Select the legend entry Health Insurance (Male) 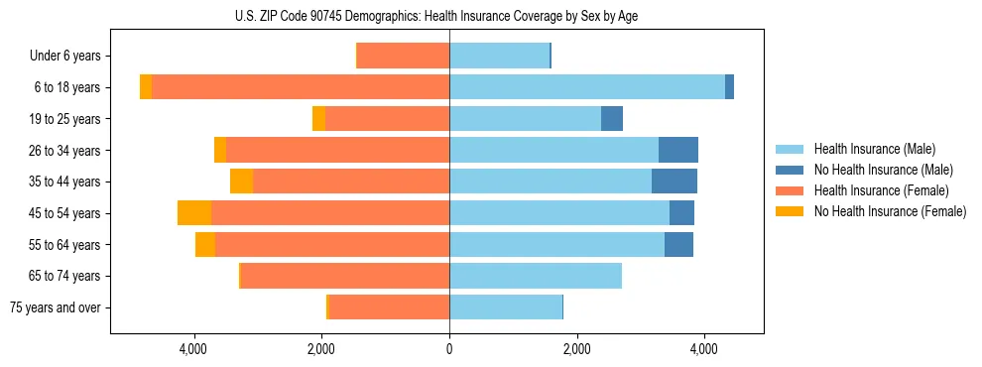[874, 149]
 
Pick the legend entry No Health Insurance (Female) [890, 211]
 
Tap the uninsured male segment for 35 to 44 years [675, 182]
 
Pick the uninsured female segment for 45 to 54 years [194, 213]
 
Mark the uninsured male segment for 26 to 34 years [678, 150]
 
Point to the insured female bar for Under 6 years [404, 57]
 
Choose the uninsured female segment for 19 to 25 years [318, 119]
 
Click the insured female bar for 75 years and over [389, 307]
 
